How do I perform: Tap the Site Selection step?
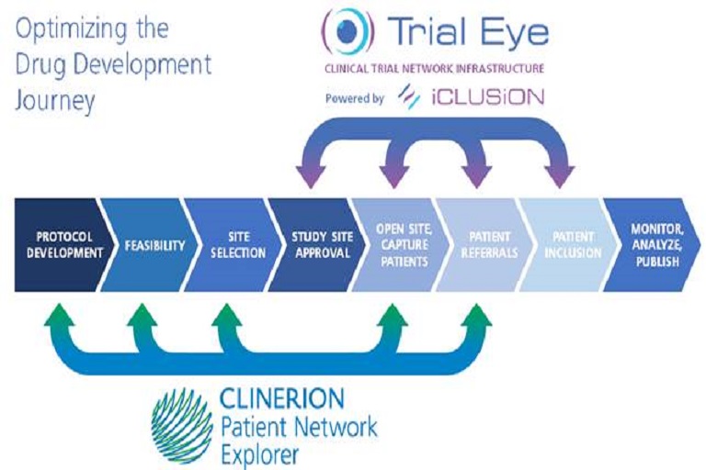[234, 245]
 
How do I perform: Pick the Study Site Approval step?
[318, 245]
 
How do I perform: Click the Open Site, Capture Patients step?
[402, 245]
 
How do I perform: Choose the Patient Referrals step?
[485, 245]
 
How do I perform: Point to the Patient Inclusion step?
[569, 245]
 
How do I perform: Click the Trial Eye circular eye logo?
[347, 31]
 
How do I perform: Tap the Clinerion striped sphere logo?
[182, 425]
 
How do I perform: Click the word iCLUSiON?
[487, 96]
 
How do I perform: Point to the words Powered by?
[354, 98]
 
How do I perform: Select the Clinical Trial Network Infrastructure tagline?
[434, 69]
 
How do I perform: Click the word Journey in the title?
[55, 101]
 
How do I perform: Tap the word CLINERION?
[282, 399]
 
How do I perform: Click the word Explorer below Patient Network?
[260, 454]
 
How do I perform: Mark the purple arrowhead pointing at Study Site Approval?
[311, 176]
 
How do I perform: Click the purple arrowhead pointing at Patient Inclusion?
[559, 176]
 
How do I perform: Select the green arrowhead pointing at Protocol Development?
[59, 314]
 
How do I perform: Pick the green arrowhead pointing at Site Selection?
[226, 314]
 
